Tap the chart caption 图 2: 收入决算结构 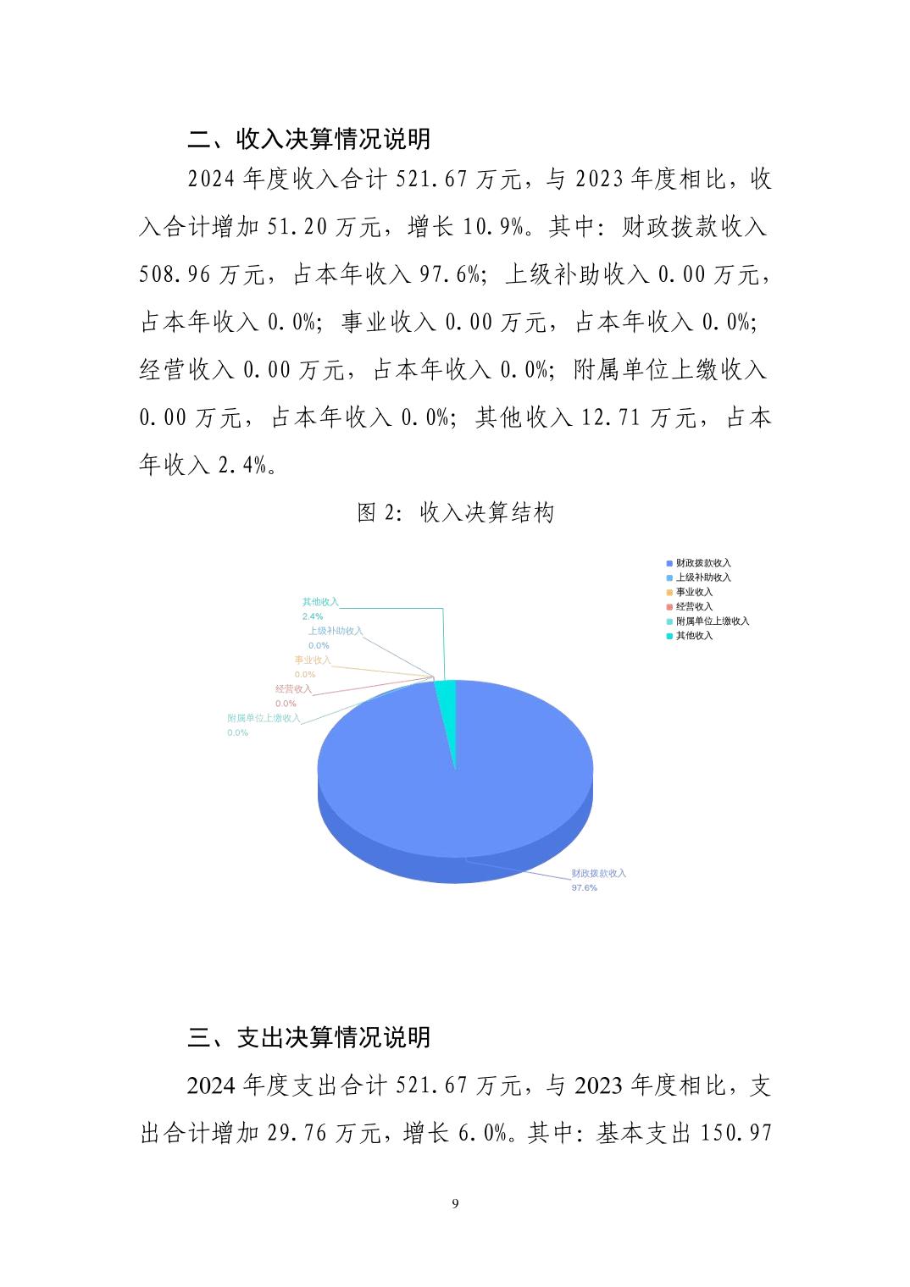(455, 512)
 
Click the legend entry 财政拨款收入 (702, 563)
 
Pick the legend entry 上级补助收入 (702, 577)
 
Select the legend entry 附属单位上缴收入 (712, 621)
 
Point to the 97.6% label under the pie (584, 887)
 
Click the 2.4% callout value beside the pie (312, 616)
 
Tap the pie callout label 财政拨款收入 (598, 873)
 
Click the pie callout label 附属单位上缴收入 (264, 718)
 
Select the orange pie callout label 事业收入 (313, 660)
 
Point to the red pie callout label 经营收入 (293, 689)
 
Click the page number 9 (455, 1203)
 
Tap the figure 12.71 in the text (609, 417)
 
